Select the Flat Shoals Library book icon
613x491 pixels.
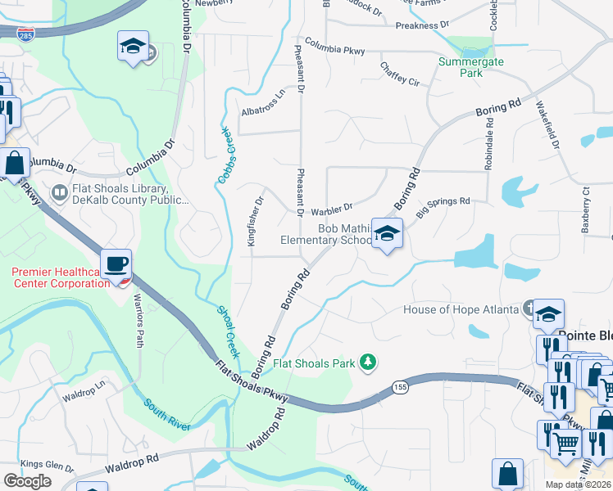[x=59, y=193]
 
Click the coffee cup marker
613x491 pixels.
[x=117, y=264]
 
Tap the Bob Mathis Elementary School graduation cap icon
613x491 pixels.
[x=387, y=234]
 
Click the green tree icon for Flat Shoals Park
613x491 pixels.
[x=369, y=363]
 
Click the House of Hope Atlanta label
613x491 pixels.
[x=461, y=309]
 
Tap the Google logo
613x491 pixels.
[x=27, y=481]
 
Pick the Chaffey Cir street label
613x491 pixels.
[x=399, y=74]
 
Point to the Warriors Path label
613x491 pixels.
[x=138, y=319]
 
